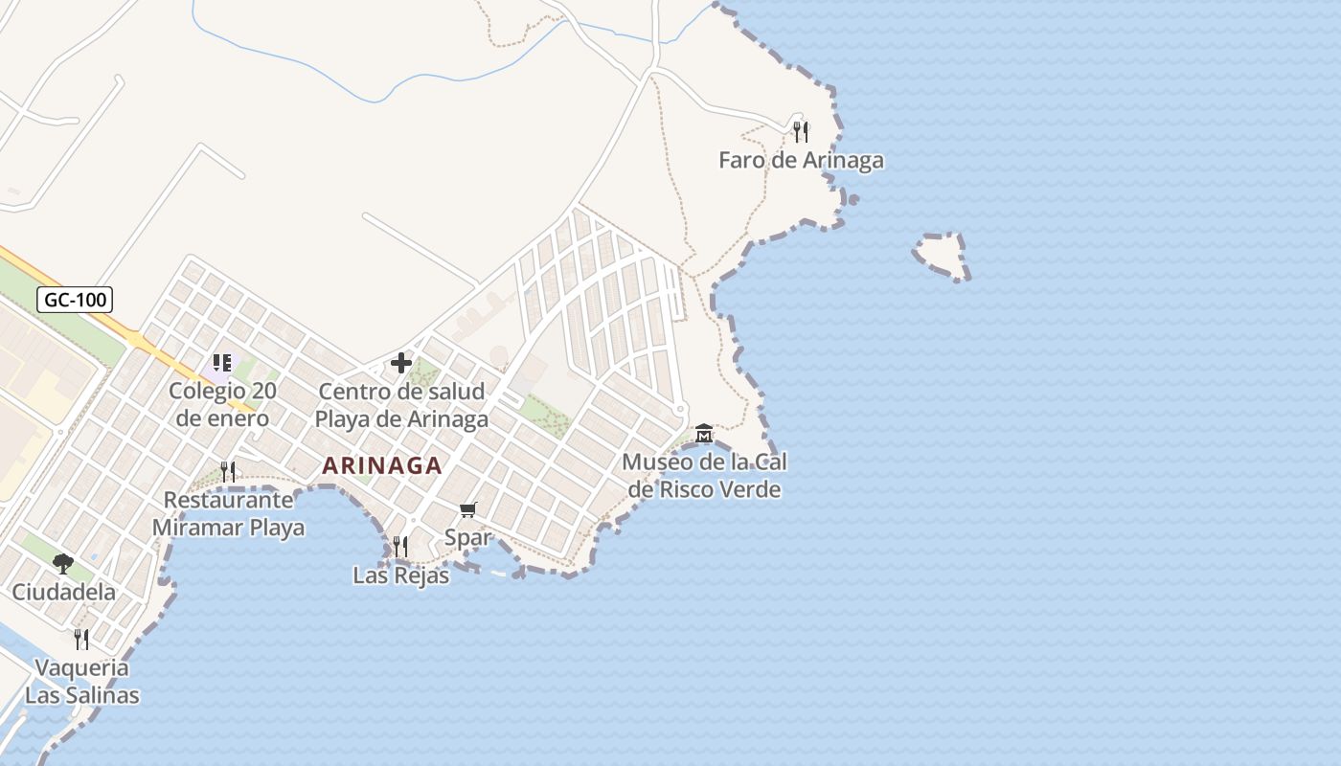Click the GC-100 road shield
coord(76,300)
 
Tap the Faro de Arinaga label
coord(801,160)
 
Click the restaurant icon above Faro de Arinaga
coord(801,131)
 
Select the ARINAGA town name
coord(382,466)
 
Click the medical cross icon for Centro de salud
coord(401,363)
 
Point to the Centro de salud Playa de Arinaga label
coord(401,405)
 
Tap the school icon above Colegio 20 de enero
coord(222,363)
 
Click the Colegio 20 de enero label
coord(222,404)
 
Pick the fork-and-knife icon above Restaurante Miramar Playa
coord(228,471)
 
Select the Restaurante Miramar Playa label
coord(228,513)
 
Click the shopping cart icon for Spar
coord(468,509)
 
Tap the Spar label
coord(468,537)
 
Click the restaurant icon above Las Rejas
coord(400,547)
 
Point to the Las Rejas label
coord(400,575)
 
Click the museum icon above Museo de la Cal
coord(704,434)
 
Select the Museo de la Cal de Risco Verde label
coord(704,476)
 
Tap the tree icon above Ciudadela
coord(63,563)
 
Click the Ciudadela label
coord(63,592)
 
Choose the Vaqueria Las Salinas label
coord(82,681)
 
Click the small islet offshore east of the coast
coord(941,254)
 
